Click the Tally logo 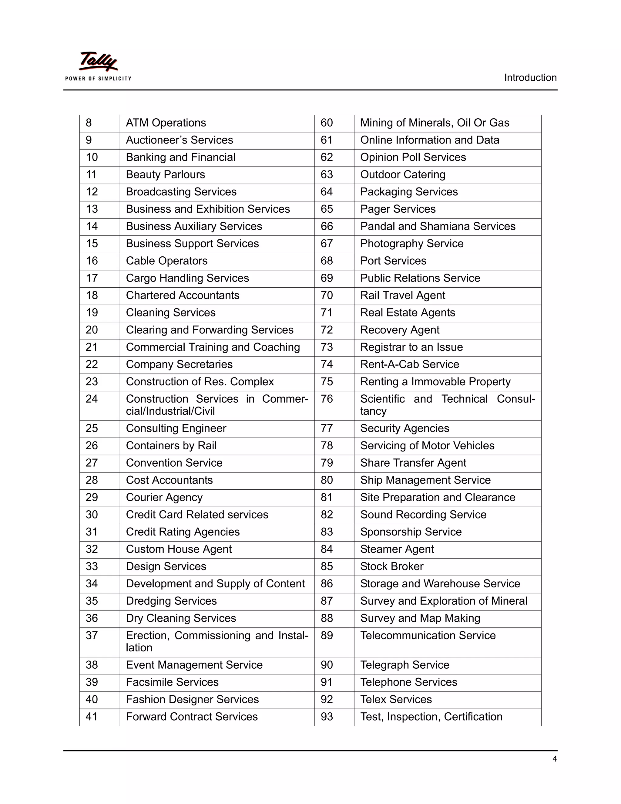tap(98, 62)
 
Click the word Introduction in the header tap(530, 78)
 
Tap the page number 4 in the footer tap(554, 759)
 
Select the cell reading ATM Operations tap(166, 123)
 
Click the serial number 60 tap(327, 123)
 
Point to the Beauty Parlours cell tap(166, 174)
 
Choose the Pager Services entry tap(398, 209)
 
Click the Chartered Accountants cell tap(183, 295)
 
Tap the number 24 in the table tap(92, 399)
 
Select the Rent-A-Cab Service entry tap(409, 364)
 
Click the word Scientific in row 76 tap(382, 399)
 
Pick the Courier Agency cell tap(164, 497)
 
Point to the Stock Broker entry tap(392, 566)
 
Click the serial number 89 tap(327, 635)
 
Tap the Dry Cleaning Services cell tap(181, 618)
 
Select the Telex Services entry tap(396, 699)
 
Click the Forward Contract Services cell tap(192, 717)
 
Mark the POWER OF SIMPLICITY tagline tap(98, 78)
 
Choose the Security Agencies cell tap(405, 428)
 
